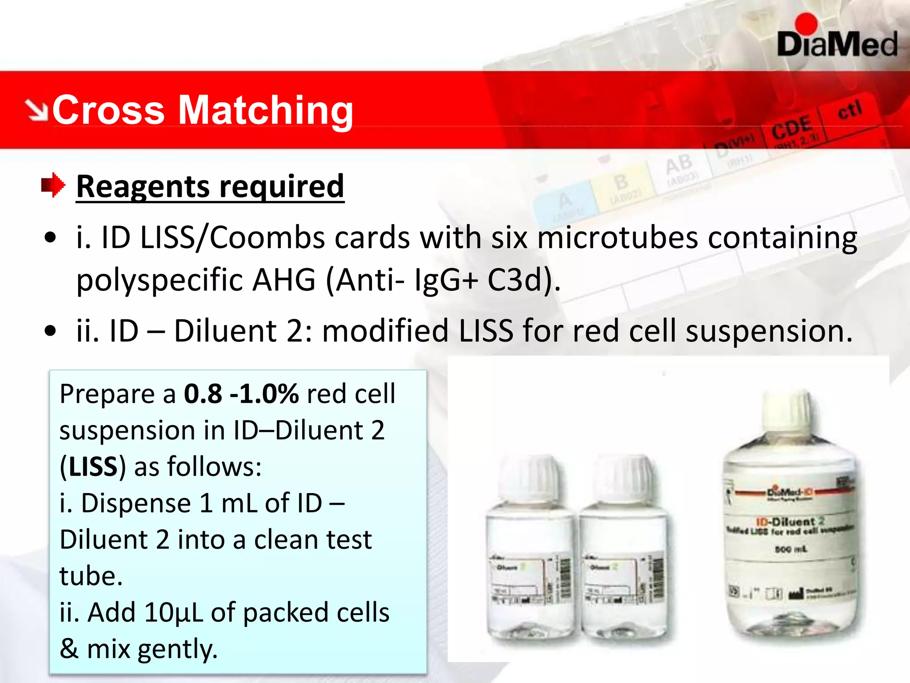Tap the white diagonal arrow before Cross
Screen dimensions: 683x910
[36, 110]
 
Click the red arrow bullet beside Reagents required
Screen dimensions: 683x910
[53, 185]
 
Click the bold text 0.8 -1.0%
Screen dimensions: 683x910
[241, 394]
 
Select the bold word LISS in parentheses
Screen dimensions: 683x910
[93, 467]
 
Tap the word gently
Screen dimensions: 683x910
[177, 649]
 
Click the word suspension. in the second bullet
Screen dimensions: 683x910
[769, 331]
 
